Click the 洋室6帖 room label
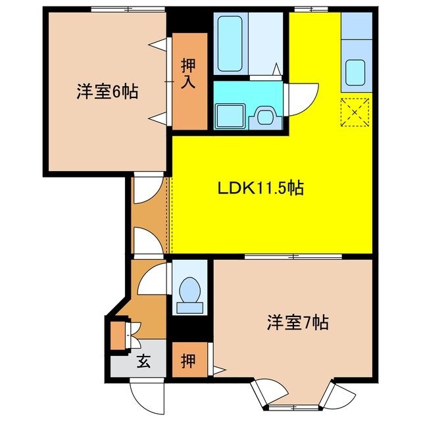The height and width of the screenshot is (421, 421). tap(107, 91)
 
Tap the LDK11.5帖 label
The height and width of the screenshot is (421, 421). tap(260, 188)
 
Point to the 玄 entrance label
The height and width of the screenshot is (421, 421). tap(142, 360)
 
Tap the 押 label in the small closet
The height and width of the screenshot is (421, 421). tap(188, 361)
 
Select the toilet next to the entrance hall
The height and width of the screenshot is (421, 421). tap(189, 291)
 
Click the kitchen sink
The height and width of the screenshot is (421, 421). tap(356, 71)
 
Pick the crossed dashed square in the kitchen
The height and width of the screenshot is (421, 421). tap(355, 112)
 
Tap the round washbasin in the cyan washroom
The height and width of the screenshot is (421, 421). tap(266, 116)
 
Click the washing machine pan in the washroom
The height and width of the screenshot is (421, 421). tap(231, 116)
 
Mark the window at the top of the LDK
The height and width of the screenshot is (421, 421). tap(303, 9)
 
